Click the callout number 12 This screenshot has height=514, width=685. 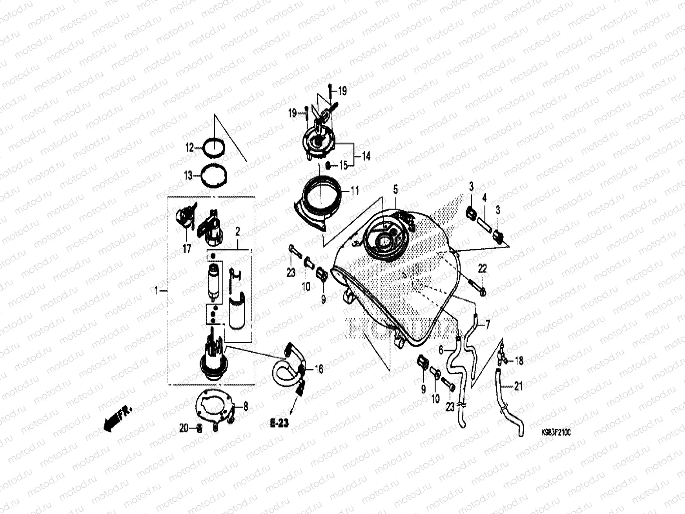[x=189, y=148]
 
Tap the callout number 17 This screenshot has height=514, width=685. [x=187, y=249]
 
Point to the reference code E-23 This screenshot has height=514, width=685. [x=279, y=423]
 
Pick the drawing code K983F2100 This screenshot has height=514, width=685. [x=556, y=432]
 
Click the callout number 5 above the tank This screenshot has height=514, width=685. [x=395, y=189]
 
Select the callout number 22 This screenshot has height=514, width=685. [x=482, y=269]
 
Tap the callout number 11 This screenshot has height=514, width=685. [x=355, y=191]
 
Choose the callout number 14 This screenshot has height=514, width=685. [x=366, y=156]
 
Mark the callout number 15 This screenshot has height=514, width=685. [x=343, y=165]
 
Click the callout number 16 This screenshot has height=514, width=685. [x=319, y=369]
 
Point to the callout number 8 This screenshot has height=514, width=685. [x=245, y=407]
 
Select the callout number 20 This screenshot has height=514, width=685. [x=183, y=429]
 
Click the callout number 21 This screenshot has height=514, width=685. [x=518, y=386]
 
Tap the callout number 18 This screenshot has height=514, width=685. [x=519, y=361]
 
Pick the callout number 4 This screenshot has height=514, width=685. [x=484, y=198]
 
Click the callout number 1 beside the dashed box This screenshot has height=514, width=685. [x=157, y=290]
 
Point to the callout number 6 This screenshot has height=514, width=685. [x=441, y=350]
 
